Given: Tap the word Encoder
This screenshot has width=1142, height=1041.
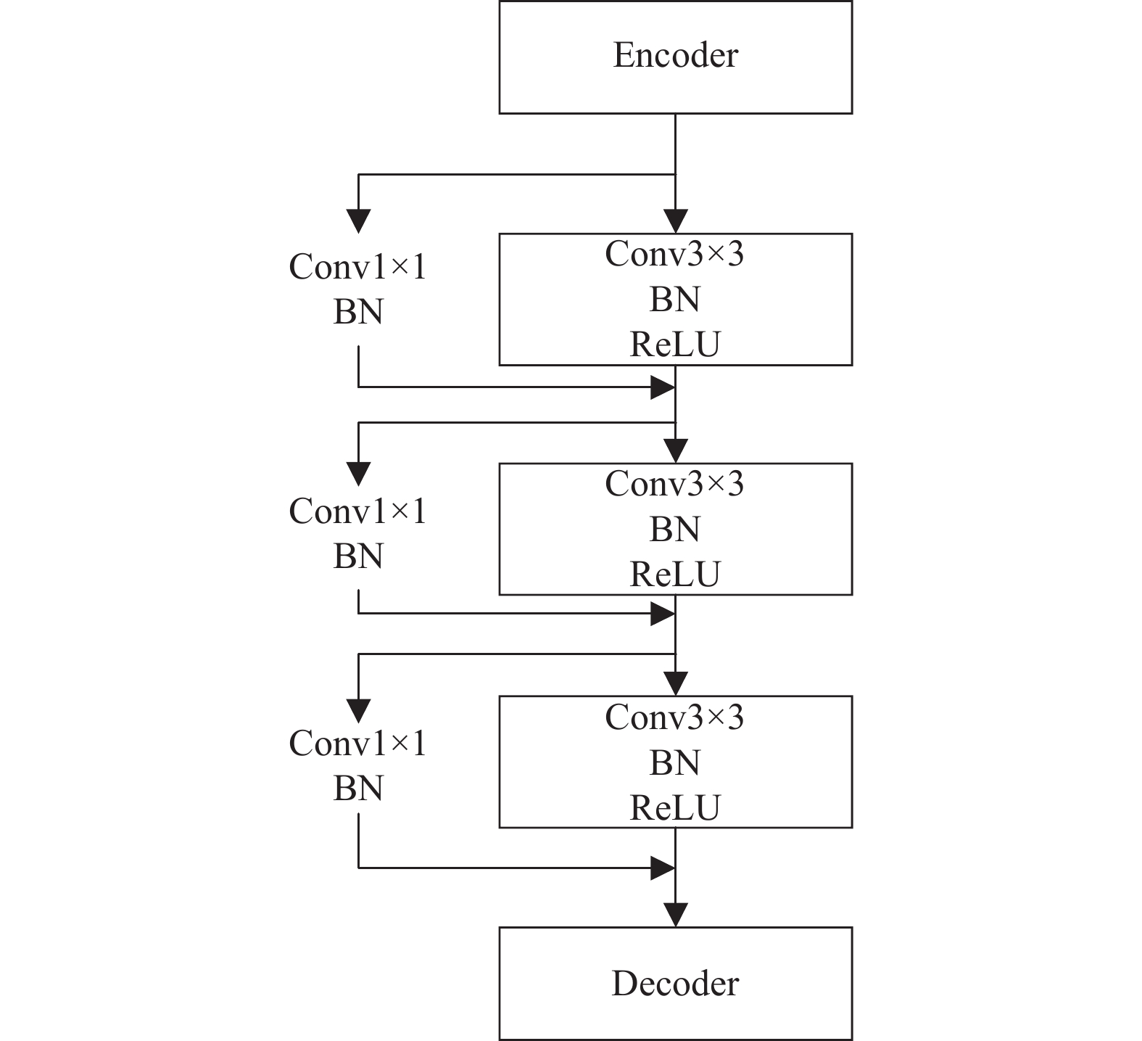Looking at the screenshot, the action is coord(675,55).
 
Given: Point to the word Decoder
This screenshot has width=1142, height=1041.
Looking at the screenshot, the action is coord(675,984).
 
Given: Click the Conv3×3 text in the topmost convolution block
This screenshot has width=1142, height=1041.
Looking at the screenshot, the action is coord(674,254).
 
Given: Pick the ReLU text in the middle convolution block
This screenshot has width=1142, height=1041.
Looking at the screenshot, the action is coord(675,574).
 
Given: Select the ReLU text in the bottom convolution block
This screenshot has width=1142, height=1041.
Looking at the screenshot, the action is coord(675,807).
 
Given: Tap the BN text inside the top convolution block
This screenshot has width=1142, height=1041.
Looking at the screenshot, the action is coord(675,299).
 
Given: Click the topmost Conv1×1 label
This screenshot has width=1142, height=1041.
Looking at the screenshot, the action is coord(358,266).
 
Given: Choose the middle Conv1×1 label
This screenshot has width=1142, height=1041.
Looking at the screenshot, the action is coord(358,511).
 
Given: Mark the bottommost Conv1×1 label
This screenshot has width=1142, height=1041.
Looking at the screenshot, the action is coord(358,743).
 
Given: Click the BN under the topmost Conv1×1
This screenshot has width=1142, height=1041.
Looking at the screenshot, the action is coord(358,312).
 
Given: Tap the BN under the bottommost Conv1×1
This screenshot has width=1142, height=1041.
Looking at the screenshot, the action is coord(358,789).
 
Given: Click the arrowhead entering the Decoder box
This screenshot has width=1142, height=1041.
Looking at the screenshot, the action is coord(675,915).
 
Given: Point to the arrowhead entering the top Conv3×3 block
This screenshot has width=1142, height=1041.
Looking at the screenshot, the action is coord(675,221).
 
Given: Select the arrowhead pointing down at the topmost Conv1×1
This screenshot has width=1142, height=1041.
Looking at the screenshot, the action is coord(358,221).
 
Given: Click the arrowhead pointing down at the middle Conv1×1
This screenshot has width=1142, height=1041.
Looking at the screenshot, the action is coord(358,474).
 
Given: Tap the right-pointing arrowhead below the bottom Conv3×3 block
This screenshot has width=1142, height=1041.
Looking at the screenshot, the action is coord(663,867).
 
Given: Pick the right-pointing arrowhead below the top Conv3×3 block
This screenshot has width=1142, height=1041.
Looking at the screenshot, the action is coord(663,387).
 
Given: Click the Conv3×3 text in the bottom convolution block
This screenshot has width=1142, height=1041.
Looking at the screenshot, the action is coord(674,717).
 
